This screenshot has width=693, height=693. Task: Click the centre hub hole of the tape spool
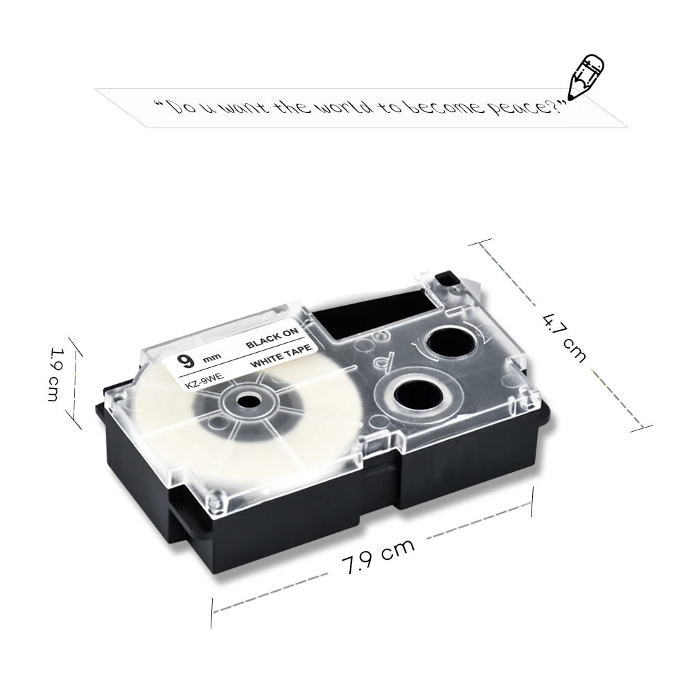(x=245, y=401)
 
